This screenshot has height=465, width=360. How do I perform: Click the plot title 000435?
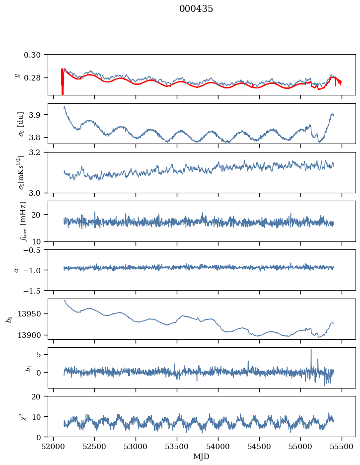(196, 9)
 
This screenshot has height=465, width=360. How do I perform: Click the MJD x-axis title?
(201, 457)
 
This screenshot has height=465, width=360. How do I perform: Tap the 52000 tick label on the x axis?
(53, 447)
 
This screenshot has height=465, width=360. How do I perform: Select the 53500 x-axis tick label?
(177, 447)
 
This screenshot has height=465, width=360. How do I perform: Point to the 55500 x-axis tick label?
(342, 447)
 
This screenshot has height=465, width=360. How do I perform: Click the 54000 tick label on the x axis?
(218, 447)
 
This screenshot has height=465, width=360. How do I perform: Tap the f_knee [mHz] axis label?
(23, 222)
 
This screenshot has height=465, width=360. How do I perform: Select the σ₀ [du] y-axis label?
(21, 124)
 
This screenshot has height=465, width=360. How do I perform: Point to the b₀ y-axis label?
(9, 319)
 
